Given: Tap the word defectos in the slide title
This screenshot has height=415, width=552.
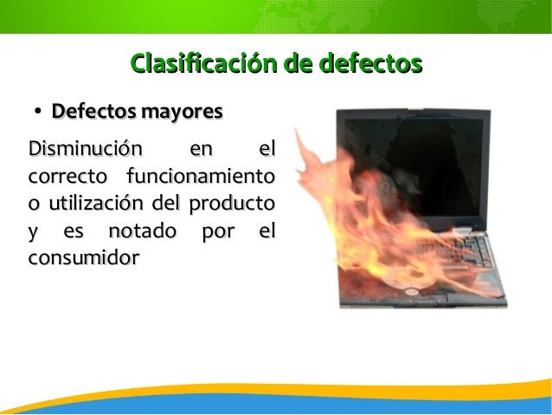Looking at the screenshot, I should point(370,63).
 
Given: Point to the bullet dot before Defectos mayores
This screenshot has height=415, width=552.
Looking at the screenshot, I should point(39,113).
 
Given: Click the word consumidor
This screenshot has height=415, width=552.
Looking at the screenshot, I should point(84,259).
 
